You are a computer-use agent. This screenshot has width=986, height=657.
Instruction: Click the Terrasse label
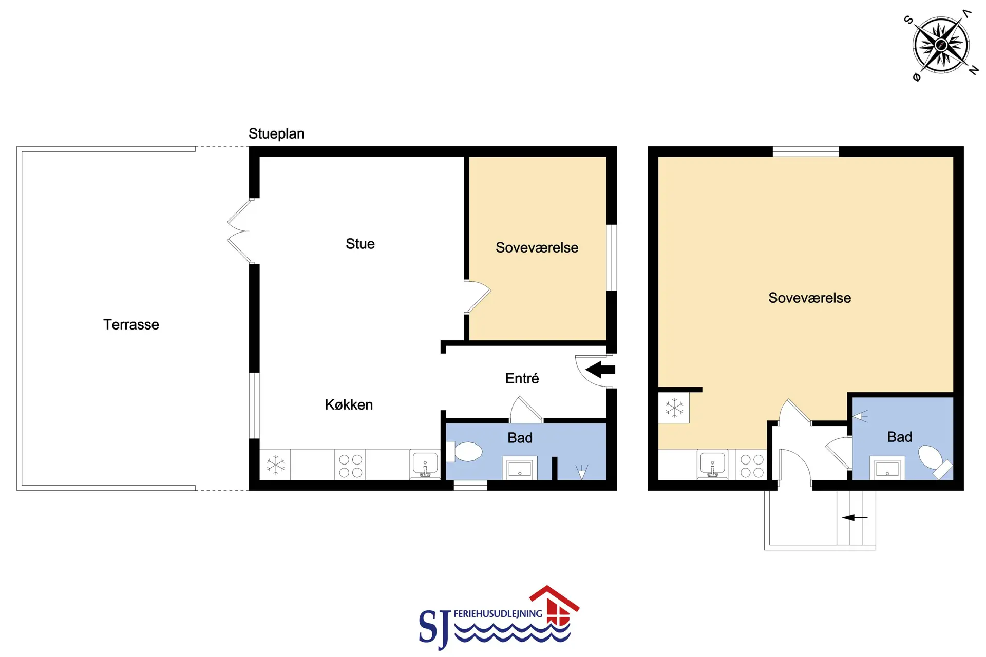click(131, 324)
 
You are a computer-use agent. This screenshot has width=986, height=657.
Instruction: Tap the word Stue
click(360, 244)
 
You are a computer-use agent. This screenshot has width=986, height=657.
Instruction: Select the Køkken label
click(349, 404)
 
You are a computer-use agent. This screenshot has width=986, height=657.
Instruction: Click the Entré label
click(522, 378)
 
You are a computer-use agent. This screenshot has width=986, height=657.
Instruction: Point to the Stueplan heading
click(276, 133)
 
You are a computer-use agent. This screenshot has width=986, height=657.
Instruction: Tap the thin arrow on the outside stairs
click(855, 517)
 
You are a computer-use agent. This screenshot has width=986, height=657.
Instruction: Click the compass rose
click(941, 45)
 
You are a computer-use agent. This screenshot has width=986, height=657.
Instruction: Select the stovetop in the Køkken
click(350, 466)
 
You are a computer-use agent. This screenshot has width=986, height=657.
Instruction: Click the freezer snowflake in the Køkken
click(275, 465)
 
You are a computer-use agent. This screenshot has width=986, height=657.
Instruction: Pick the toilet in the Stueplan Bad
click(465, 452)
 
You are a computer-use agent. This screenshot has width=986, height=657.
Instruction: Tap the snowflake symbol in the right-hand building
click(674, 409)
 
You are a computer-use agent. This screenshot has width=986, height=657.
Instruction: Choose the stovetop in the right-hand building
click(752, 466)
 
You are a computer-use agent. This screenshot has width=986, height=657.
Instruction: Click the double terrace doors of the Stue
click(239, 231)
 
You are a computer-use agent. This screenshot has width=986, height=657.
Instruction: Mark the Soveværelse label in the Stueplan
click(537, 248)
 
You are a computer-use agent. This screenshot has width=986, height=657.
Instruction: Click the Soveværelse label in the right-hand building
click(809, 298)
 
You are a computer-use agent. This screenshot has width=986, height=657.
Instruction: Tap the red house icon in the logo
click(556, 606)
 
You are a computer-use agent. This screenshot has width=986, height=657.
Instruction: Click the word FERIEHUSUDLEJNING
click(498, 613)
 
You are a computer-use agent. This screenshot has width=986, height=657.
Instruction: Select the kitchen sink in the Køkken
click(425, 465)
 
